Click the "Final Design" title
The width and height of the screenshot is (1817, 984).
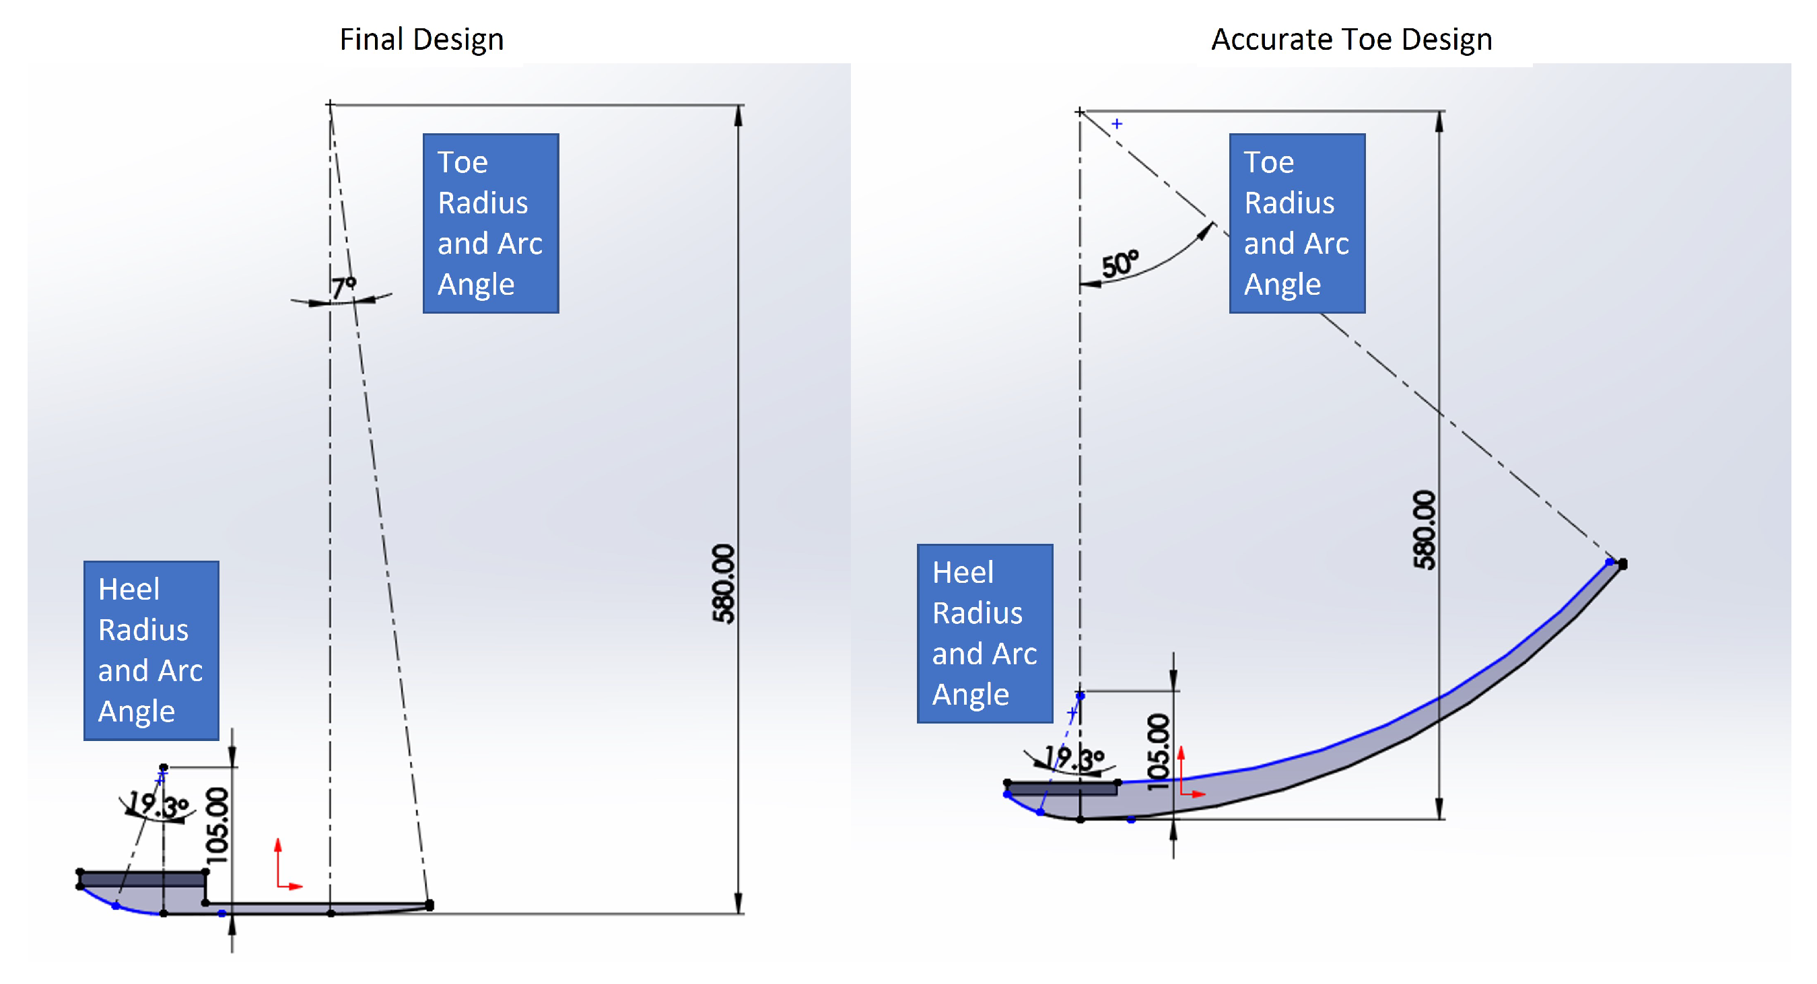422,40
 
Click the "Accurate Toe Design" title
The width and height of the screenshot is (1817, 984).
1351,40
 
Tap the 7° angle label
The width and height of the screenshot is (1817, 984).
343,287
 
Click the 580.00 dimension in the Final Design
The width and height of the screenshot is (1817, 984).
724,584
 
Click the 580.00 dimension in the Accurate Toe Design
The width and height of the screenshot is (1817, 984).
1424,529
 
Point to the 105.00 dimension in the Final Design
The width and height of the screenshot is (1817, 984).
217,825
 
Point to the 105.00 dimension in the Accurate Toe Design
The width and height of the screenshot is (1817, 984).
1158,752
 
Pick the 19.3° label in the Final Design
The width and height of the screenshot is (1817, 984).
158,804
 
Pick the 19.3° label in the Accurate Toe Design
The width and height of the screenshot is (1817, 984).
1074,759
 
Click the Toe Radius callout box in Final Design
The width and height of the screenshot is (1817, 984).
491,223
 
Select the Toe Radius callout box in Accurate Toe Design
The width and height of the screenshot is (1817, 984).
1297,223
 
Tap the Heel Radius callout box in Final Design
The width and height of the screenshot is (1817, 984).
151,650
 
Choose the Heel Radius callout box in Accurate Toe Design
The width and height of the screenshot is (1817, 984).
985,633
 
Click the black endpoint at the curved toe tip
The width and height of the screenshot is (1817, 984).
1623,563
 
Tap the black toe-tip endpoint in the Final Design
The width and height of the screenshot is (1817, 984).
430,905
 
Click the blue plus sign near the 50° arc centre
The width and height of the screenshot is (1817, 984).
1118,124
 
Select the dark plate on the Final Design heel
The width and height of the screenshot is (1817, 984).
143,879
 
